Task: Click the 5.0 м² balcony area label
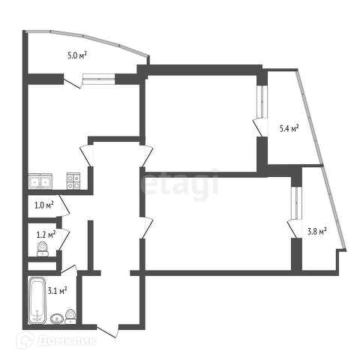tap(77, 55)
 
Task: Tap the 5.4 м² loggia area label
tap(289, 128)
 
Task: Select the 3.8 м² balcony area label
tap(317, 231)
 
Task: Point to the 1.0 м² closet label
tap(44, 205)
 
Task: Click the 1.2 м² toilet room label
tap(46, 235)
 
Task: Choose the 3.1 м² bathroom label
tap(57, 290)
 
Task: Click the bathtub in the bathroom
tap(37, 300)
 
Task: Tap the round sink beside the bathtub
tap(57, 319)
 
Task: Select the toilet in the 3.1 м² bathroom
tap(70, 316)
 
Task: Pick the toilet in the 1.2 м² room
tap(43, 249)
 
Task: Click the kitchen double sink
tap(40, 181)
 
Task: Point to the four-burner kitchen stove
tap(73, 181)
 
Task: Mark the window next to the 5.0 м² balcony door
tap(99, 79)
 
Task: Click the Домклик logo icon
tap(25, 340)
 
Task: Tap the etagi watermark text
tap(179, 184)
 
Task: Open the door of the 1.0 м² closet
tap(64, 205)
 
